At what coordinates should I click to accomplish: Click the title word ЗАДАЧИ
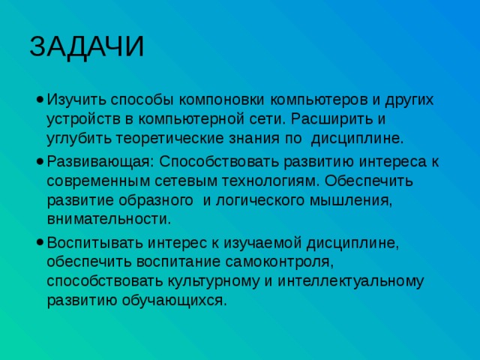(x=87, y=46)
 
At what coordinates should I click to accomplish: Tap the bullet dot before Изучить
(x=37, y=100)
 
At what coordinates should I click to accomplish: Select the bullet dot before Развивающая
(x=37, y=161)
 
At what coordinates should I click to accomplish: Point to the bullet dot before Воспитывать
(x=37, y=243)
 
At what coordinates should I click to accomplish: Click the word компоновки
(x=224, y=100)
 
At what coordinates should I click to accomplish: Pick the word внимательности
(x=108, y=219)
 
